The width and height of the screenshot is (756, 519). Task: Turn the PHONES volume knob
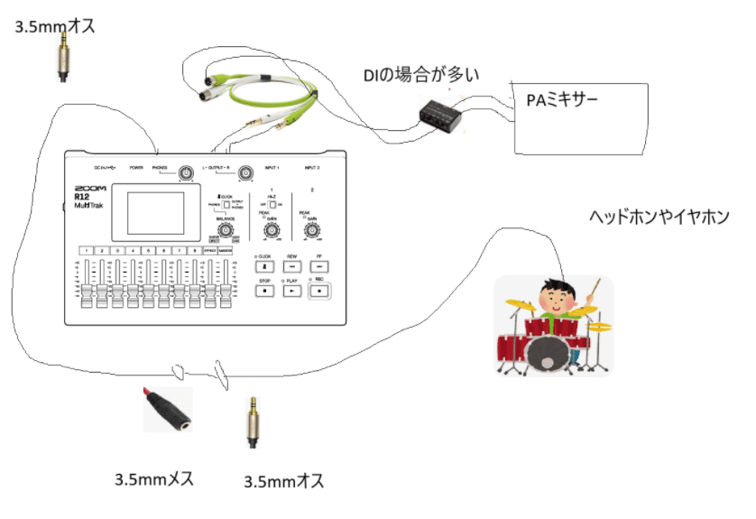coord(186,173)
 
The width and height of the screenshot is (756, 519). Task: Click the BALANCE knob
coord(224,231)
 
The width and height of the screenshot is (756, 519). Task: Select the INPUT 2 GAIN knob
coord(311,231)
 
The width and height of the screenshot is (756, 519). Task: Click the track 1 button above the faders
coord(87,251)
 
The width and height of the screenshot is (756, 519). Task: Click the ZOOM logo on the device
coord(90,189)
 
